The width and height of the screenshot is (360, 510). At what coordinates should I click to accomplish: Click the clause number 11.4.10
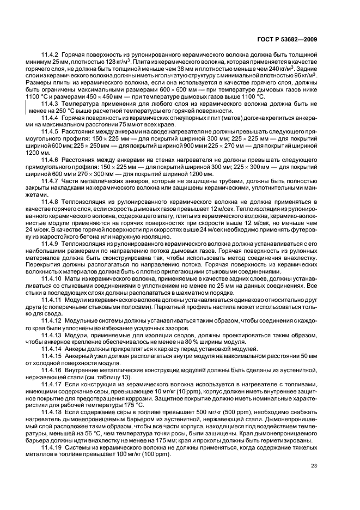coord(52,278)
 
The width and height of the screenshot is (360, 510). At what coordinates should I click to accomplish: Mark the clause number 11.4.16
coord(52,369)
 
